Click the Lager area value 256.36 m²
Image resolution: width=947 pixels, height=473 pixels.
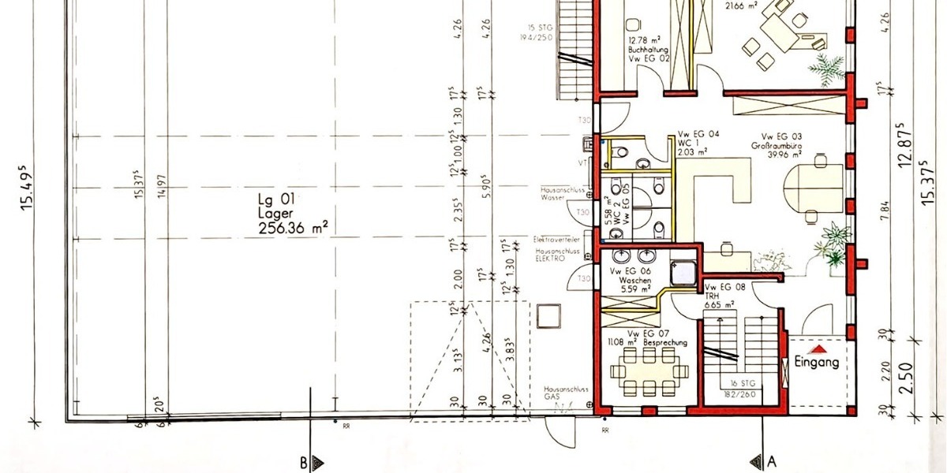293,229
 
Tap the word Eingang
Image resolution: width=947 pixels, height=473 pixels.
816,363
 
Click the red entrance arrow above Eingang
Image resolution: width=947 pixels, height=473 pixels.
821,347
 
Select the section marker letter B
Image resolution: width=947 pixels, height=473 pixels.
302,464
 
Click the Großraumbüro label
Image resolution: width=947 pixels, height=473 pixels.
775,146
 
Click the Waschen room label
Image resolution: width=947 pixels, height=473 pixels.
634,280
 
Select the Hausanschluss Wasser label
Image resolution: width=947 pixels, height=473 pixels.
561,194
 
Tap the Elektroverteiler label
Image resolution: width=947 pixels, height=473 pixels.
557,239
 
